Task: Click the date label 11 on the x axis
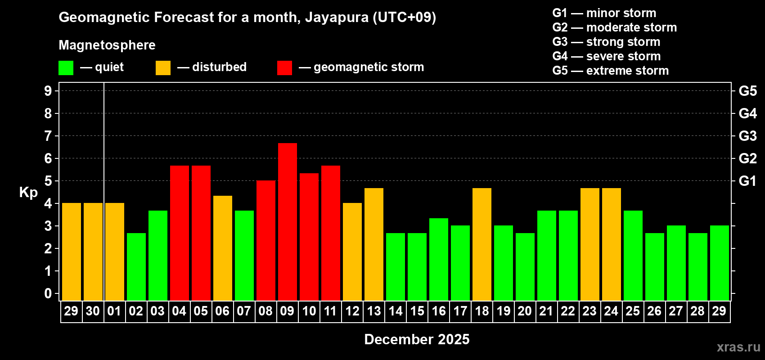point(330,311)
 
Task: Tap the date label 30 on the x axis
point(93,311)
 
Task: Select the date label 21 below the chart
point(546,311)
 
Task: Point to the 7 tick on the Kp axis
point(48,136)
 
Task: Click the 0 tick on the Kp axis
point(48,293)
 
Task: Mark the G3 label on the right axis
point(747,136)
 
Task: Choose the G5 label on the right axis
point(747,91)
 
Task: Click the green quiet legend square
point(66,68)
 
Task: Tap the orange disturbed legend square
point(163,68)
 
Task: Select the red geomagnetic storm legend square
point(284,68)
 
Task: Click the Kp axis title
point(28,192)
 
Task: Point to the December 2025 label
point(417,339)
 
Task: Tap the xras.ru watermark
point(738,347)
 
